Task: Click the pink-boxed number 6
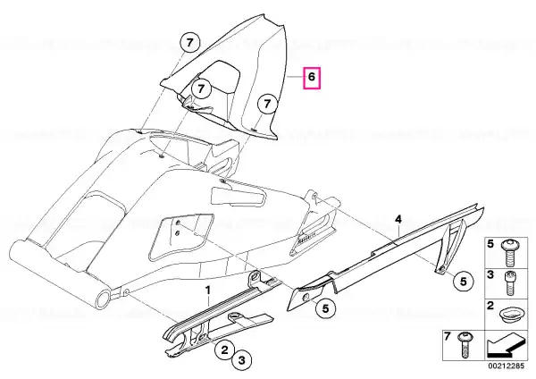click(312, 79)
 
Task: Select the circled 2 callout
click(224, 350)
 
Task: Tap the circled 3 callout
click(242, 360)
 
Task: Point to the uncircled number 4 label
click(398, 219)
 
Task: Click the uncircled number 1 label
click(207, 291)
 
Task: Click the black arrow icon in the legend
click(506, 347)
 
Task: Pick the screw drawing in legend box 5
click(509, 254)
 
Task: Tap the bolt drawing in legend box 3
click(510, 283)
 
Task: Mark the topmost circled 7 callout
click(190, 43)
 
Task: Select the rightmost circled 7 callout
click(267, 103)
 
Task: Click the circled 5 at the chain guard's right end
click(463, 282)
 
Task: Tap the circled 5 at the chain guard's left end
click(325, 308)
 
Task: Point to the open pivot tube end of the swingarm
click(104, 299)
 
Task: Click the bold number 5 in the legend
click(490, 244)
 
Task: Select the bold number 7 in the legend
click(448, 337)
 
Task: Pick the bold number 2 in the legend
click(490, 306)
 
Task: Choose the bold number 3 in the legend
click(490, 274)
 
